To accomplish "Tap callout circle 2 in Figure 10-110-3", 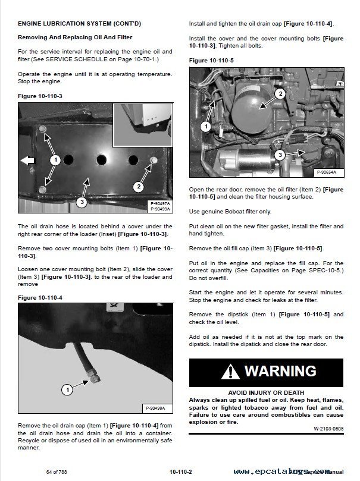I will pos(138,187).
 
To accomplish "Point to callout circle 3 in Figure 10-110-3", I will pos(82,202).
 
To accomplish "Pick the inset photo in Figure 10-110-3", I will pos(142,126).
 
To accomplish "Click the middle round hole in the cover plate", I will pos(102,160).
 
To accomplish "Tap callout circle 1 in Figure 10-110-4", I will pos(67,390).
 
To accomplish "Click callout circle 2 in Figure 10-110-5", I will pos(280,93).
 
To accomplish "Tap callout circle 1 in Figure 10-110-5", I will pos(205,127).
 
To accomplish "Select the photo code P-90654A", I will pos(326,172).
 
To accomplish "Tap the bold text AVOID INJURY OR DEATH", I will pos(266,392).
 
